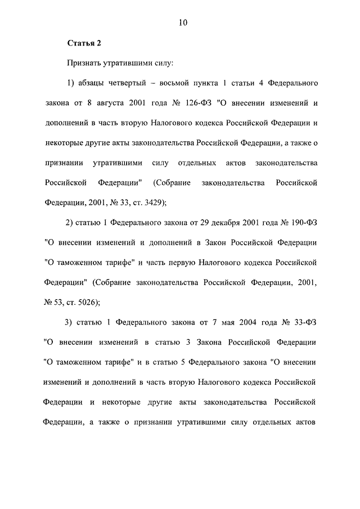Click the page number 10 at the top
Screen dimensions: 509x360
coord(180,22)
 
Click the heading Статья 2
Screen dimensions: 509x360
coord(84,43)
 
